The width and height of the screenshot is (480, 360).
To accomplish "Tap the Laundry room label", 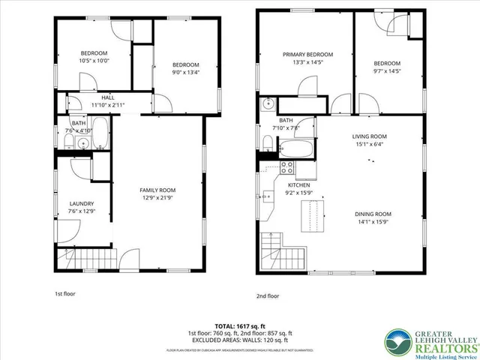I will (x=81, y=203).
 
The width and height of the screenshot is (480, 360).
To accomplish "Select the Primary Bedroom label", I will (x=307, y=55).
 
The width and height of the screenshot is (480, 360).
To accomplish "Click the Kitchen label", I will (x=299, y=184).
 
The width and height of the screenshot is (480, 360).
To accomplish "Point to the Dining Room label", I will (x=373, y=214).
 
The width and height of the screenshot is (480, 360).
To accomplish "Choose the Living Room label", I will (x=369, y=136).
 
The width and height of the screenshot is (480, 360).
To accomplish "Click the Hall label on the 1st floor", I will (x=108, y=97).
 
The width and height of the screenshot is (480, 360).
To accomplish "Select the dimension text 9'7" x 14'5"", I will (x=387, y=71).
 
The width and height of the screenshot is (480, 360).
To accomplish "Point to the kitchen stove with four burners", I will (x=287, y=168).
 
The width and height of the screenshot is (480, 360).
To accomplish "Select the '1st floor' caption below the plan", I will (x=65, y=293).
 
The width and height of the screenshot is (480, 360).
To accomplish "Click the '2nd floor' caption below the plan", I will (x=267, y=296).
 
